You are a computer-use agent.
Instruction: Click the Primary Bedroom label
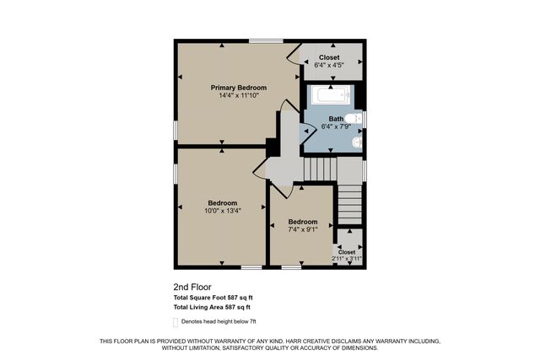point(239,88)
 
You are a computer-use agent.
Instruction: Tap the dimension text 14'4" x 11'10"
point(239,95)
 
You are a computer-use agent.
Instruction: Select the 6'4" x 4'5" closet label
point(329,64)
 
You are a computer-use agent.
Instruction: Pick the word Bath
point(336,119)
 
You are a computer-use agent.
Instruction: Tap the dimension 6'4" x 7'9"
point(336,126)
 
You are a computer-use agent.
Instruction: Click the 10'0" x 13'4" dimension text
point(223,211)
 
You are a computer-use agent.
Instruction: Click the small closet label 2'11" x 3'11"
point(347,258)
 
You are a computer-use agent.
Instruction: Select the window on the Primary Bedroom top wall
point(265,40)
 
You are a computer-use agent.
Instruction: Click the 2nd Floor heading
point(186,287)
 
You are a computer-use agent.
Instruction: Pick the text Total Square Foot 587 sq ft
point(213,298)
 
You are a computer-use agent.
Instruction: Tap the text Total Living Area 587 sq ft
point(212,308)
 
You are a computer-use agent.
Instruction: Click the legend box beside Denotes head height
point(176,321)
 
